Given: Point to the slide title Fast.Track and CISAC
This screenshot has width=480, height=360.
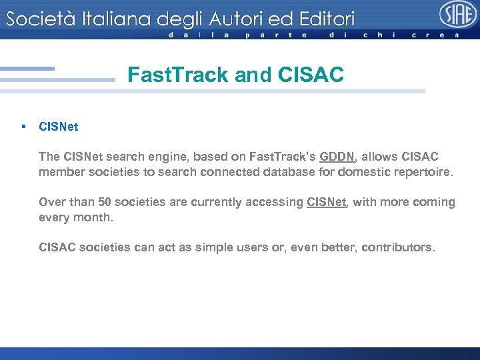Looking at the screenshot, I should [x=235, y=75].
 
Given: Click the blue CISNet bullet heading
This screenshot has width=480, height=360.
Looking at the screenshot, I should [x=59, y=126].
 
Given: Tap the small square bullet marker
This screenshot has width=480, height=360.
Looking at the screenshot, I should [x=23, y=126].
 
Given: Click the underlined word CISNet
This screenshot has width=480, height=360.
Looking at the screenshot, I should [x=327, y=202].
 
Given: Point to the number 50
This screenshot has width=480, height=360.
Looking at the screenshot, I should [x=105, y=202].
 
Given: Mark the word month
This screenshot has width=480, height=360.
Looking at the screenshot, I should [x=95, y=217].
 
